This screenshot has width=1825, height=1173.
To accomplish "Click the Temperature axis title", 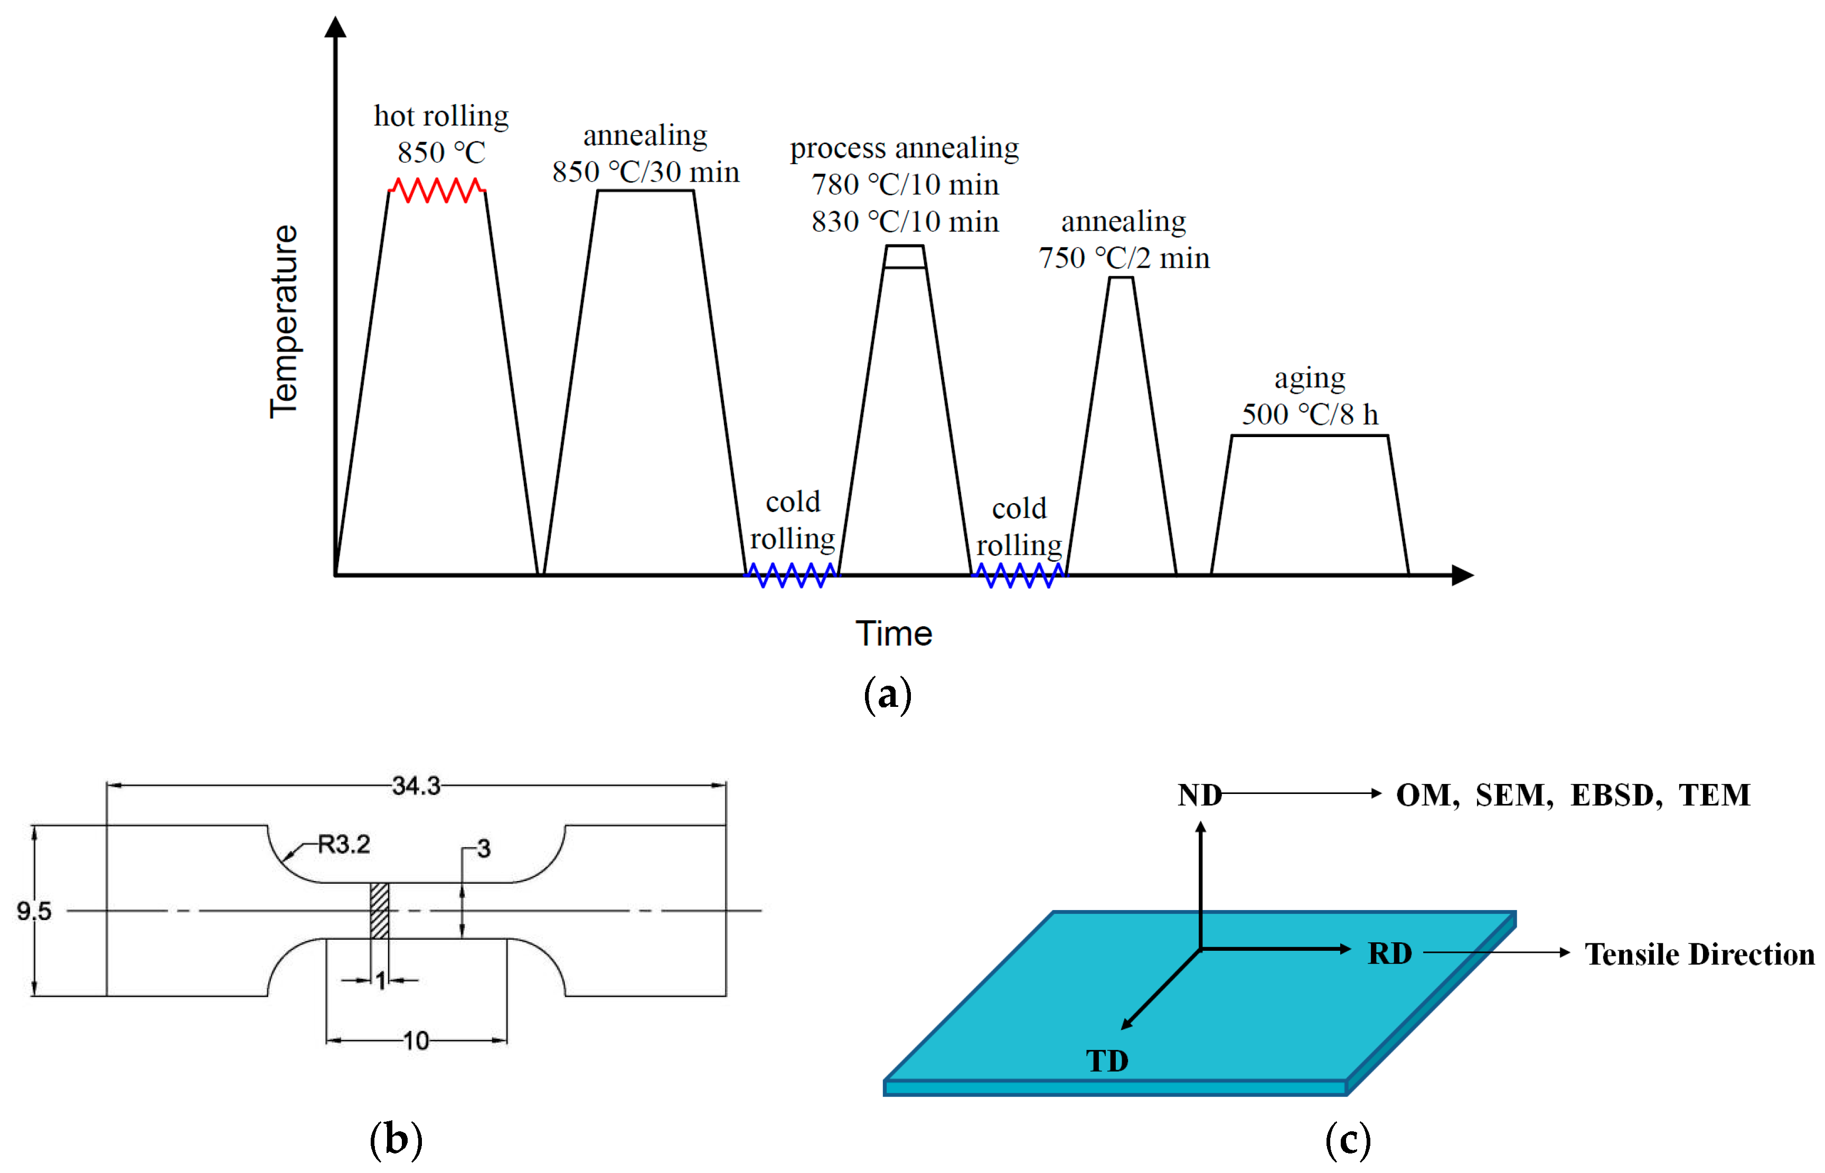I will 284,321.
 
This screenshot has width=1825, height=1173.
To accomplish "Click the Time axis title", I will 893,633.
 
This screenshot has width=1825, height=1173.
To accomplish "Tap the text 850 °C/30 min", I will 646,172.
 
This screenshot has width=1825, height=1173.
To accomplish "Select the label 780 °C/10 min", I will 905,185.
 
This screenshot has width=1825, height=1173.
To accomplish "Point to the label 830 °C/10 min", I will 905,222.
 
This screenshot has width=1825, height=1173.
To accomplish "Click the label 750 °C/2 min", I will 1124,258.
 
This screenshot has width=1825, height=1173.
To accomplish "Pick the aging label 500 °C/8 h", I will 1310,415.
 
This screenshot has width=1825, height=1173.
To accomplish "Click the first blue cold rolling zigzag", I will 791,575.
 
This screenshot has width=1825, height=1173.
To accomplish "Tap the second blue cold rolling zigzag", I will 1019,575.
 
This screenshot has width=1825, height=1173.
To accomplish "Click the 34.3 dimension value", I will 416,786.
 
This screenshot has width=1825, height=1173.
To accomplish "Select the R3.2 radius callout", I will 344,844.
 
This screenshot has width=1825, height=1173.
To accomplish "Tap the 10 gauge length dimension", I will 416,1040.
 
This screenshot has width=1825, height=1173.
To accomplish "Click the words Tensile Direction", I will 1699,954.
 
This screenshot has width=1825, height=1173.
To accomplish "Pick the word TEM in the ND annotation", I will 1715,795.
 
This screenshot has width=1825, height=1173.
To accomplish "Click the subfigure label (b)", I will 396,1140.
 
